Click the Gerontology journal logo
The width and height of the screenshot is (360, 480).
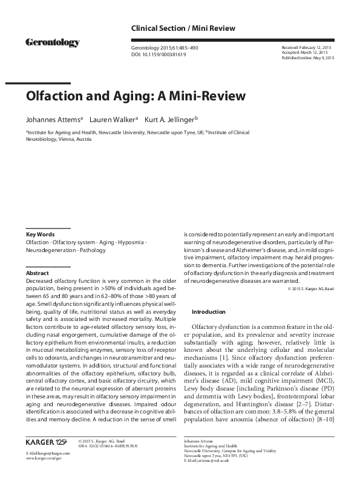[53, 42]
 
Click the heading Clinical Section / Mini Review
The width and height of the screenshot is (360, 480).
[183, 28]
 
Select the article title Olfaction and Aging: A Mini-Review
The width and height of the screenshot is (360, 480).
[136, 96]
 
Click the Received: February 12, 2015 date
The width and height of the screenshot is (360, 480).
[308, 47]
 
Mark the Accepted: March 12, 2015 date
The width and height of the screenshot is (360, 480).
[306, 53]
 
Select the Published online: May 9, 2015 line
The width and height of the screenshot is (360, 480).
[308, 58]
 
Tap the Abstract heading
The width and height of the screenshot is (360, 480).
[37, 273]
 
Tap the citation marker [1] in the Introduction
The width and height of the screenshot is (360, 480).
[226, 357]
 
